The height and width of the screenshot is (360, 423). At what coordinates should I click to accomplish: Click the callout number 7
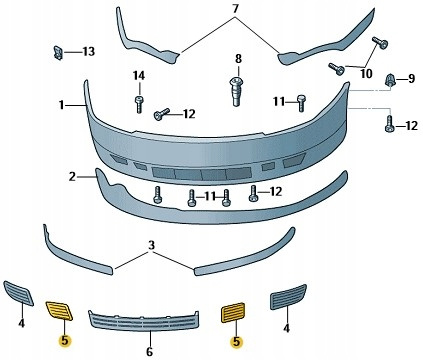tap(236, 9)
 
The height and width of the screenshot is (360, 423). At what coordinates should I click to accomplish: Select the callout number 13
tap(89, 52)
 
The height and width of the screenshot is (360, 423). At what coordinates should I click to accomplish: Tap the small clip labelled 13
tap(58, 53)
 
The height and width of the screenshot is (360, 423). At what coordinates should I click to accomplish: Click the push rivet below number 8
tap(236, 91)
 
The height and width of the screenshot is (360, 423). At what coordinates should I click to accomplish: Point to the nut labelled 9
tap(390, 80)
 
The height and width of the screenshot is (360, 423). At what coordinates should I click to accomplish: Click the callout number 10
tap(366, 74)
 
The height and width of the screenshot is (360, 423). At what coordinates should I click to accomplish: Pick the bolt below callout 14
tap(139, 104)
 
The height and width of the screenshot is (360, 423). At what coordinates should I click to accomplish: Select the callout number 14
tap(139, 76)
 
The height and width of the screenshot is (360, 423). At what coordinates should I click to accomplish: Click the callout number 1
tap(61, 105)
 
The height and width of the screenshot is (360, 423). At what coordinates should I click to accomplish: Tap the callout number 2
tap(72, 177)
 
